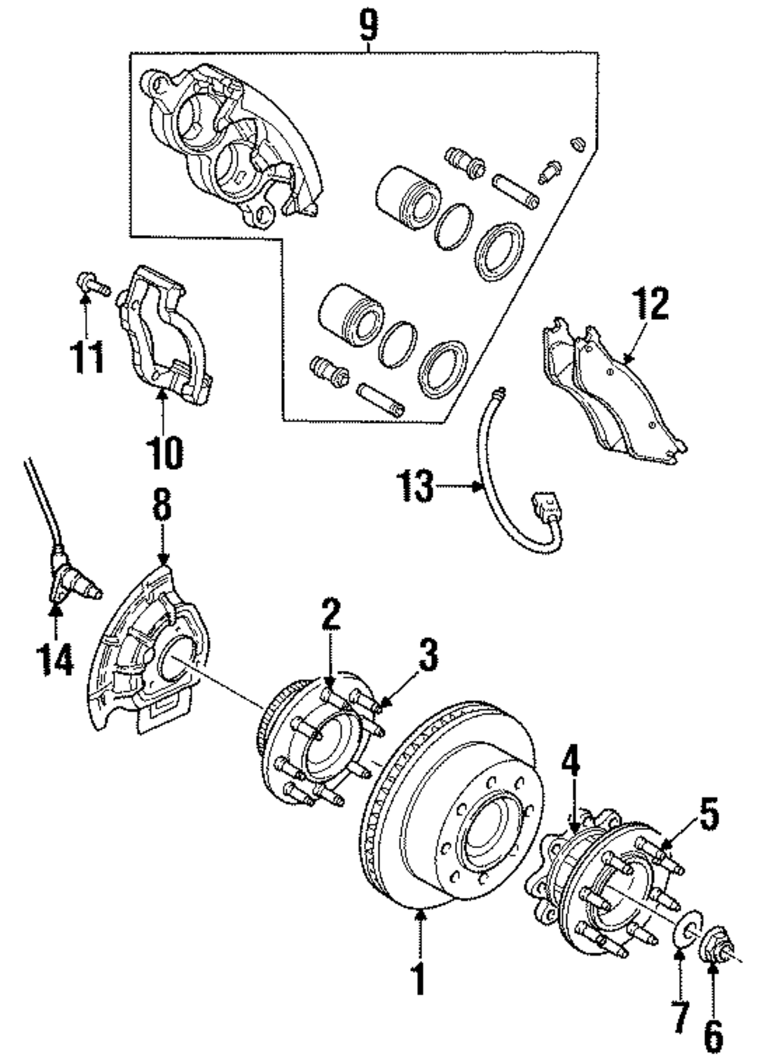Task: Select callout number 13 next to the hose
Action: (x=417, y=486)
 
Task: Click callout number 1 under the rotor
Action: (x=418, y=978)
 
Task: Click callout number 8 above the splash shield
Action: (x=163, y=506)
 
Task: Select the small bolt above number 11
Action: (x=90, y=284)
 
